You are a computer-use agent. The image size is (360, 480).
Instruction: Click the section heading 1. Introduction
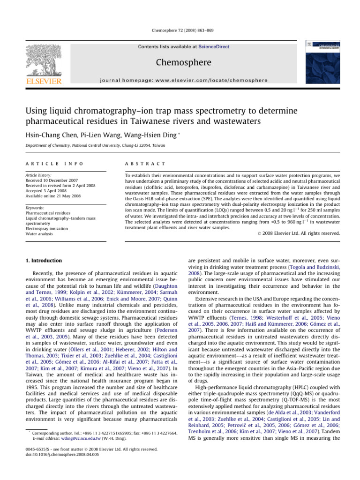[x=43, y=261]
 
